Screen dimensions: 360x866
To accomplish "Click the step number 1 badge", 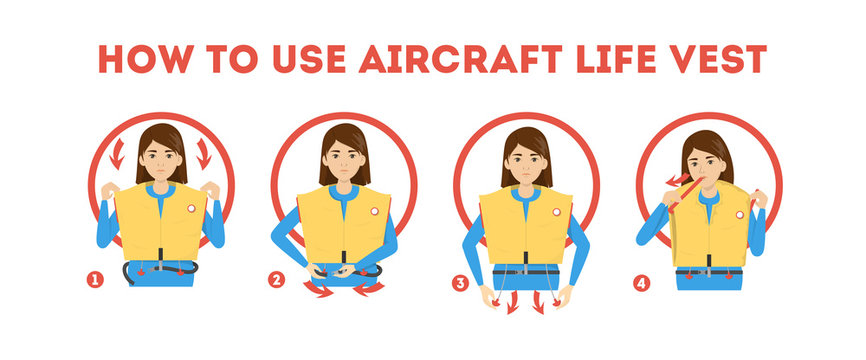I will coord(96,281).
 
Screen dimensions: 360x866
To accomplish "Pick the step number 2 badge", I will coord(277,281).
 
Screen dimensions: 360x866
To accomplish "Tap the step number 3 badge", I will coord(460,283).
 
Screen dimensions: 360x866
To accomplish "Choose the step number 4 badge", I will coord(642,283).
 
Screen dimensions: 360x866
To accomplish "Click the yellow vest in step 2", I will coord(343,225).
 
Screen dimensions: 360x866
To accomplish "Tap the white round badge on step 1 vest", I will coord(192,210).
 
